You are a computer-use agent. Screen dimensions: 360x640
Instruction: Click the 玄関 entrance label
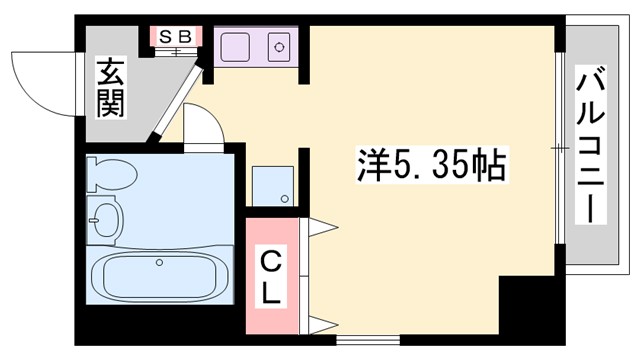109,87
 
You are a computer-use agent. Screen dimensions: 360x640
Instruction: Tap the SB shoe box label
176,36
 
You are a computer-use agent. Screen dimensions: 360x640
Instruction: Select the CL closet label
272,276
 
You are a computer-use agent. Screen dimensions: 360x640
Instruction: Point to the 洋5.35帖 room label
432,163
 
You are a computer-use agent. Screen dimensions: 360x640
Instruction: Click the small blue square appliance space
273,185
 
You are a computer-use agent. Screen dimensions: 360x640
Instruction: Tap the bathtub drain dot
158,263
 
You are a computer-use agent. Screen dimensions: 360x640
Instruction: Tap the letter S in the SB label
168,36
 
